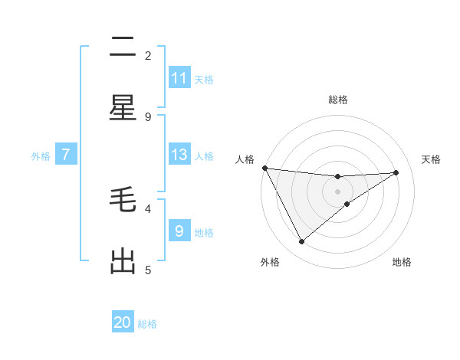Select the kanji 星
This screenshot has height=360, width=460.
123,109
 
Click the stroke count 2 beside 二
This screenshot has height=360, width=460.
148,55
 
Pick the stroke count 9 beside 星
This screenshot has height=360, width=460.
148,116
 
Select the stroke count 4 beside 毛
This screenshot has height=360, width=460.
148,208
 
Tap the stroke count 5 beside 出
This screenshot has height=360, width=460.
148,270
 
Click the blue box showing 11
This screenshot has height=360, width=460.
179,78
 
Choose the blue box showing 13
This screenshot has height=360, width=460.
179,155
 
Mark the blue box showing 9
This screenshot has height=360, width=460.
179,231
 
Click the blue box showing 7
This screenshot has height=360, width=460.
66,155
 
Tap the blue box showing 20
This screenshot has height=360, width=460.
123,322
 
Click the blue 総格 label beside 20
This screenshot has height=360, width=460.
147,324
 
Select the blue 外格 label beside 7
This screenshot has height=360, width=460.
41,156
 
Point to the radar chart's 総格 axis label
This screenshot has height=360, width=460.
338,100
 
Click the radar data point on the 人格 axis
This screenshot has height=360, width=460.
264,168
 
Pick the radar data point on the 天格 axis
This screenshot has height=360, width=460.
396,172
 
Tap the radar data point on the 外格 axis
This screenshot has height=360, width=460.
301,242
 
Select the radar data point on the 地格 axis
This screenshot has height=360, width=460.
347,204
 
